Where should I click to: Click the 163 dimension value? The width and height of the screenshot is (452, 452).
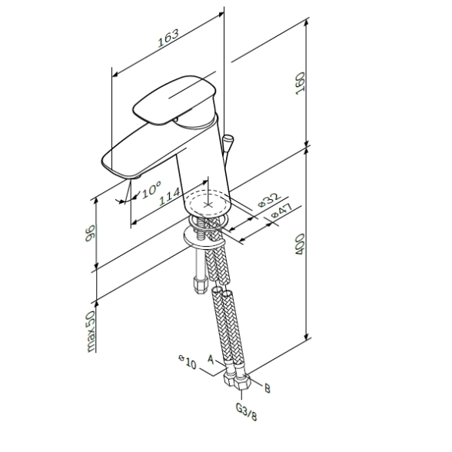point(168,38)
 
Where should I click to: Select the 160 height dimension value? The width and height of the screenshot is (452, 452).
point(300,83)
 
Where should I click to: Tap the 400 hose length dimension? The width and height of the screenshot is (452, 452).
point(300,244)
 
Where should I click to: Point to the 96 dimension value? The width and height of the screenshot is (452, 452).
point(90,233)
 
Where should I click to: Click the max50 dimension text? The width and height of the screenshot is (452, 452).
point(90,331)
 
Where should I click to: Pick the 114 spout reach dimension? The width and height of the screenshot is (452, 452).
point(169,196)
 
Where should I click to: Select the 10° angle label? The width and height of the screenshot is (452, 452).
point(151,189)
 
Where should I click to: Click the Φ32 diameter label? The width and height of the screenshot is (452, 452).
point(269,200)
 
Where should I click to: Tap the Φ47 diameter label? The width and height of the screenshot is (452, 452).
point(282,211)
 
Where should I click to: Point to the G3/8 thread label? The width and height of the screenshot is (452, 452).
point(246,412)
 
